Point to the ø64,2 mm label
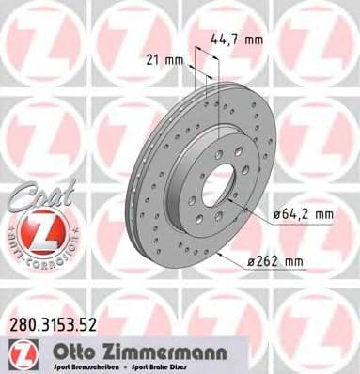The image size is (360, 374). pos(303,214)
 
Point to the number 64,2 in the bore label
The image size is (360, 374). pos(297,214)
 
